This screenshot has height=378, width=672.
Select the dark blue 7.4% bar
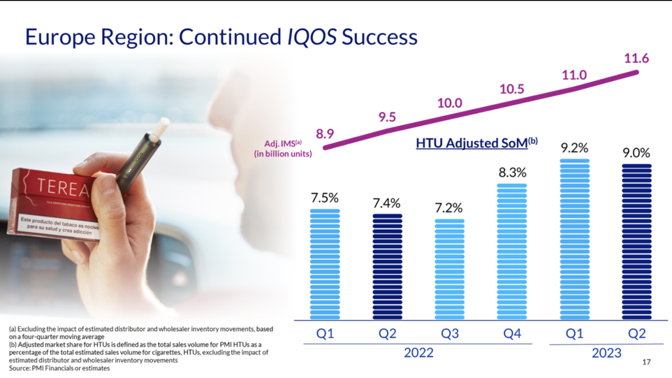pyautogui.click(x=388, y=267)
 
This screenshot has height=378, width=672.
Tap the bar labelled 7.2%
pyautogui.click(x=450, y=269)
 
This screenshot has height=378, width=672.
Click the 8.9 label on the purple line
pyautogui.click(x=325, y=134)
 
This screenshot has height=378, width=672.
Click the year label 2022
pyautogui.click(x=418, y=353)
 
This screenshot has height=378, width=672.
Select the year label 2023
pyautogui.click(x=606, y=353)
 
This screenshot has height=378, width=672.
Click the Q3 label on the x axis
pyautogui.click(x=450, y=334)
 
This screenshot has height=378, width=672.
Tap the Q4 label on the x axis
pyautogui.click(x=513, y=334)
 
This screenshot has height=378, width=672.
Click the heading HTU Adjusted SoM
pyautogui.click(x=472, y=143)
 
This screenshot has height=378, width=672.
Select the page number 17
pyautogui.click(x=646, y=363)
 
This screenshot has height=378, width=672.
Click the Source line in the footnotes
pyautogui.click(x=59, y=368)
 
